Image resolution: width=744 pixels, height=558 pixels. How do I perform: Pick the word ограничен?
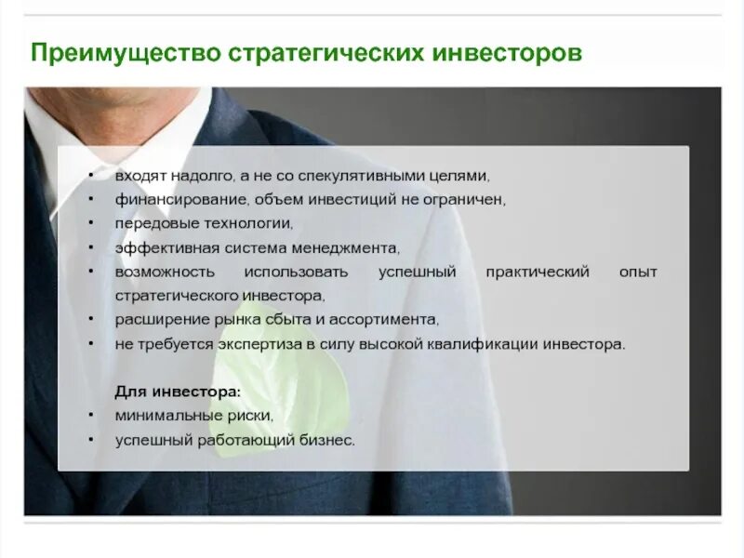468,200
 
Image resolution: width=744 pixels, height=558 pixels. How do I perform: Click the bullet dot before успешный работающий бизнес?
90,439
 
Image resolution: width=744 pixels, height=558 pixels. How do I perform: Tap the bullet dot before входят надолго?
90,175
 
